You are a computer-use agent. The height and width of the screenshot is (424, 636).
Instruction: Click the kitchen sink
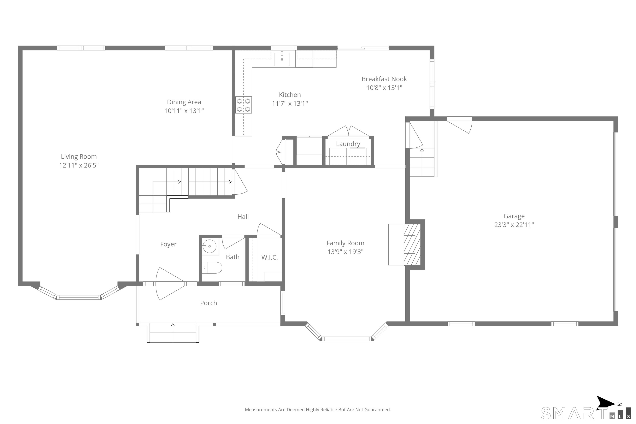282,59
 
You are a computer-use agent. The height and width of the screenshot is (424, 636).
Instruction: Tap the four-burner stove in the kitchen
243,105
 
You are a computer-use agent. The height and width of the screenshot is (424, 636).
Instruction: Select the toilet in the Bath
212,268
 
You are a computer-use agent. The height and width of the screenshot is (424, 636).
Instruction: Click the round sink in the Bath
210,246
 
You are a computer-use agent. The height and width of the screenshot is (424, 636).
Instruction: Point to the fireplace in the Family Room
406,245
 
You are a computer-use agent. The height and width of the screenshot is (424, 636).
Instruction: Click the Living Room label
79,157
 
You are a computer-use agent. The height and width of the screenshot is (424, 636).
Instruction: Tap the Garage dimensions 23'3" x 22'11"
514,225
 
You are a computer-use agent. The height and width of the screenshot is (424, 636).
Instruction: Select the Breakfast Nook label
384,79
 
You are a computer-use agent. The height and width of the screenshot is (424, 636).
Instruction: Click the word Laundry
348,144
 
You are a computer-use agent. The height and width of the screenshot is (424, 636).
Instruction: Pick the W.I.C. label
270,257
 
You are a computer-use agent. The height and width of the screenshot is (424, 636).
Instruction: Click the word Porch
208,303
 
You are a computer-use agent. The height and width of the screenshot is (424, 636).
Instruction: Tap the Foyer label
168,244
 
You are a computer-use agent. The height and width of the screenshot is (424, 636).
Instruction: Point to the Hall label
243,217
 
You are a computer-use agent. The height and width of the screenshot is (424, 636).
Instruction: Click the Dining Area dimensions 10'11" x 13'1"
184,111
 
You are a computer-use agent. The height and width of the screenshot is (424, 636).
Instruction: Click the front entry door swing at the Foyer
170,284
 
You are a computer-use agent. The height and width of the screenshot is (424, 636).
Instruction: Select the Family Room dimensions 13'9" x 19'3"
345,252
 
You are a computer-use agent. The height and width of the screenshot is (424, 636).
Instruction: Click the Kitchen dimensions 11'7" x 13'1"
290,103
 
